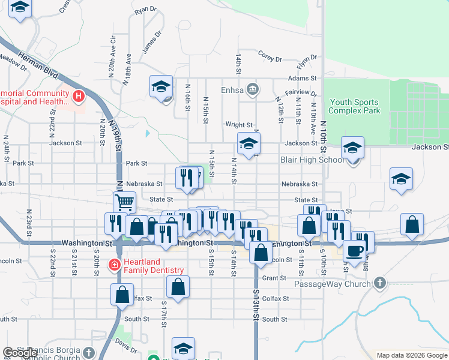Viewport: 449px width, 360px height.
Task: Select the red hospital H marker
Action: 78,95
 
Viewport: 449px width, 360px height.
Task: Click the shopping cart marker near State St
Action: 124,202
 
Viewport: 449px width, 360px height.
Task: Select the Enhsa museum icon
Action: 253,89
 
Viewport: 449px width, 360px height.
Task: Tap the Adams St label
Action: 301,79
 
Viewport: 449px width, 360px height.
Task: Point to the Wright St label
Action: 239,125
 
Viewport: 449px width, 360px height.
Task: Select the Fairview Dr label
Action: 300,93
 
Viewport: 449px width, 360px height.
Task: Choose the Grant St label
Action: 274,278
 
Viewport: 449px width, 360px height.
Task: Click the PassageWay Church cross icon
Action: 379,282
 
